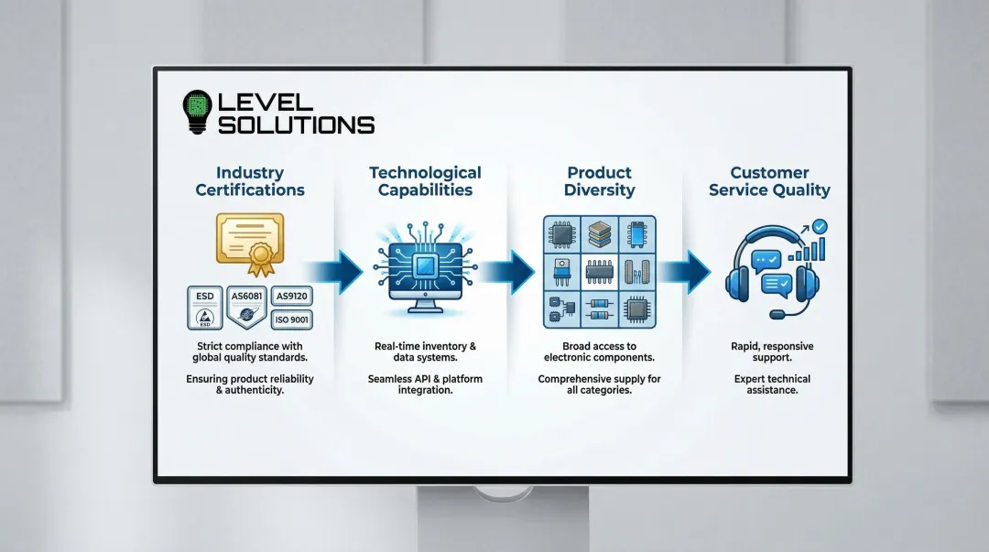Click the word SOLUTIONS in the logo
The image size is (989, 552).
(x=296, y=124)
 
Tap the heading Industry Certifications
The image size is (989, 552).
(x=249, y=181)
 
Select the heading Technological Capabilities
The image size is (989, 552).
(x=425, y=181)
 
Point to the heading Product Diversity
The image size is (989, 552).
(x=600, y=181)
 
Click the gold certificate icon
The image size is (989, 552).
(x=249, y=241)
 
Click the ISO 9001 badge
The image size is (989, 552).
(x=292, y=319)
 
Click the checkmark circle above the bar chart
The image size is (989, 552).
(x=821, y=225)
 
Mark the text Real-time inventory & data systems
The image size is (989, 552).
(x=425, y=352)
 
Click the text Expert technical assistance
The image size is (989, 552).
(x=772, y=384)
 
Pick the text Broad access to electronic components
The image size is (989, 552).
(x=599, y=352)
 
